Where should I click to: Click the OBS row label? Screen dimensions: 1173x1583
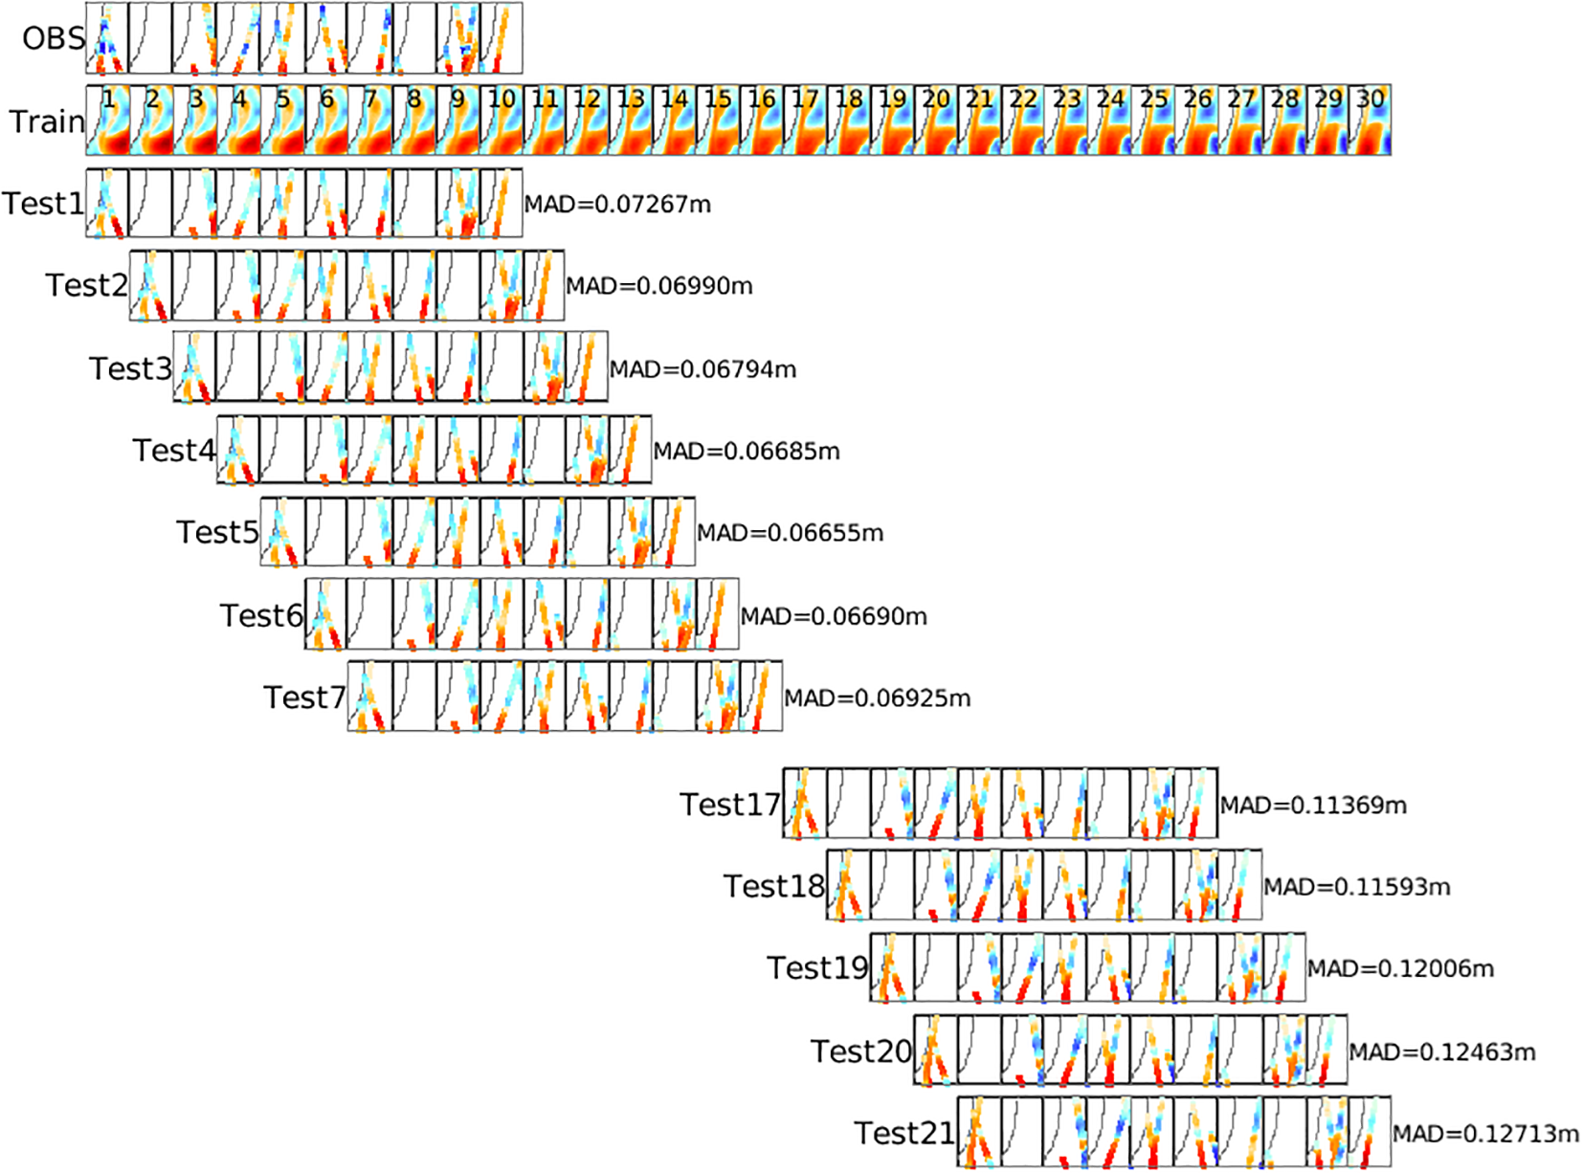(54, 38)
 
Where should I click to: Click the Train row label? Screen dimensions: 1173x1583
(46, 122)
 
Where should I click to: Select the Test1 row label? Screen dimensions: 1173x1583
(43, 203)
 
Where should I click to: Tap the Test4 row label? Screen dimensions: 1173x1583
(173, 450)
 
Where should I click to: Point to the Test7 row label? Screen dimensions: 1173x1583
(304, 697)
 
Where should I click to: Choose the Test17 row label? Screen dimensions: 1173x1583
(730, 805)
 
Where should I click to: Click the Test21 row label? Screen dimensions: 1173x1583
(904, 1133)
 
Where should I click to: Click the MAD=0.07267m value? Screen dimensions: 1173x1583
(617, 204)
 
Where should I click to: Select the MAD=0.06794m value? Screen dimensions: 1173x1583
(703, 368)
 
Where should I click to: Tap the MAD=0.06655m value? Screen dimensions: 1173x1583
(791, 533)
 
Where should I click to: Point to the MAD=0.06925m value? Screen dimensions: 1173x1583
(878, 698)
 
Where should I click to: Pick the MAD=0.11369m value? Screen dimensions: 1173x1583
(1313, 806)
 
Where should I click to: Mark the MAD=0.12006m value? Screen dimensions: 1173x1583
(1400, 969)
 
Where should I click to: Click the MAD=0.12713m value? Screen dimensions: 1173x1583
(1485, 1134)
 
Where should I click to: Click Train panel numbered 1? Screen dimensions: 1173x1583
(107, 121)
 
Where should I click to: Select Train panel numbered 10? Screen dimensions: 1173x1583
(501, 121)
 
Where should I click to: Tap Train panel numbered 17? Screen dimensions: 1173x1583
(806, 121)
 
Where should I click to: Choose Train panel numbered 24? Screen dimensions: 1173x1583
(1111, 121)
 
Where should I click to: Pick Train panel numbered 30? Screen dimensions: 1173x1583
(1371, 121)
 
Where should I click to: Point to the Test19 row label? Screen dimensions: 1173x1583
(817, 968)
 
